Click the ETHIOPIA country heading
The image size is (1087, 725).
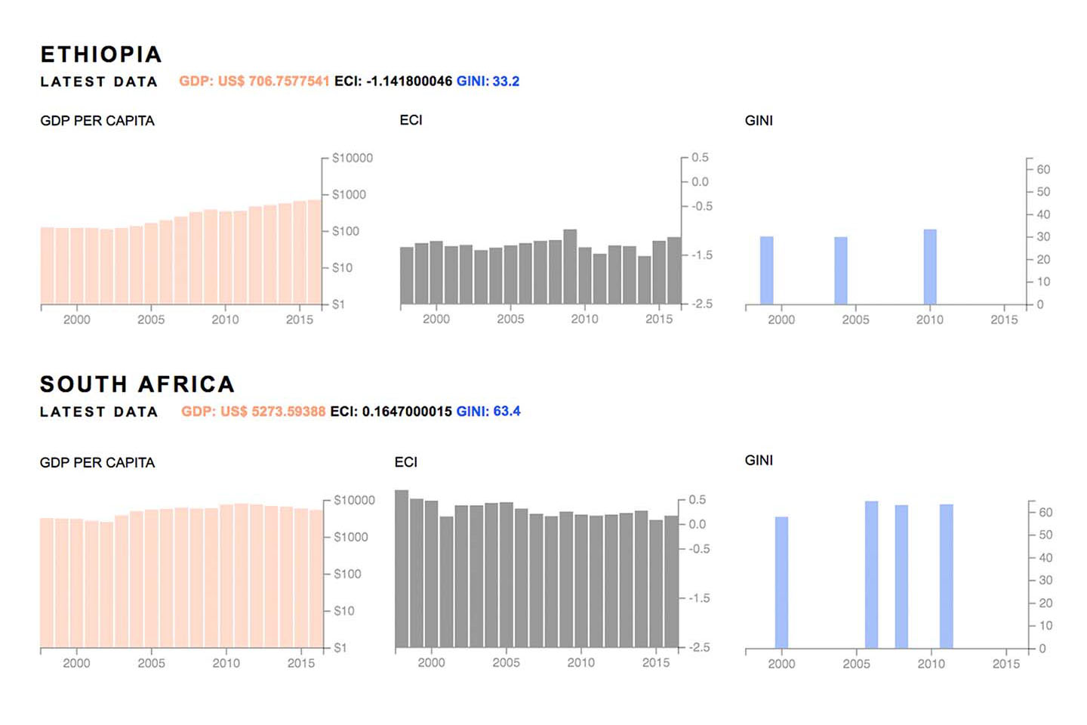pos(101,54)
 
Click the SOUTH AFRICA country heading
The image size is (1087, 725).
pos(137,384)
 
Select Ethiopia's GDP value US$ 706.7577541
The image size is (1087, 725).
pos(254,81)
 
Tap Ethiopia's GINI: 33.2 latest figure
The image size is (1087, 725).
pos(488,81)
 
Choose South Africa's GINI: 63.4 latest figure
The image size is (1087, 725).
pos(488,412)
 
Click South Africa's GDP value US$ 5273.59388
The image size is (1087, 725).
pos(254,412)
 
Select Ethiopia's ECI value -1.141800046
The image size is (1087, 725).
pos(393,81)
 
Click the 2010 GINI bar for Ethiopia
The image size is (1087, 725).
pos(930,267)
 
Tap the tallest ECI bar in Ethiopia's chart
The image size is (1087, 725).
pos(570,267)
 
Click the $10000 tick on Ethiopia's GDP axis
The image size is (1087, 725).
pos(352,158)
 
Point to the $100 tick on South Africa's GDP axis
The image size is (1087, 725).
pos(347,574)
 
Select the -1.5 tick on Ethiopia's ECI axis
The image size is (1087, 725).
pos(702,255)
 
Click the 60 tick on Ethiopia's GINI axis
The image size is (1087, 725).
pos(1043,169)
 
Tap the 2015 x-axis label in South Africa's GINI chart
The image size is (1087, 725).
pos(1005,664)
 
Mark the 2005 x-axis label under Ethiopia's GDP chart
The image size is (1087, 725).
pos(151,319)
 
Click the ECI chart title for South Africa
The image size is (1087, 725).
pos(406,462)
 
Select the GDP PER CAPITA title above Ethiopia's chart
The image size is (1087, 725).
pos(97,121)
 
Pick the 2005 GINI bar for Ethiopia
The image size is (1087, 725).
pos(841,270)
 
